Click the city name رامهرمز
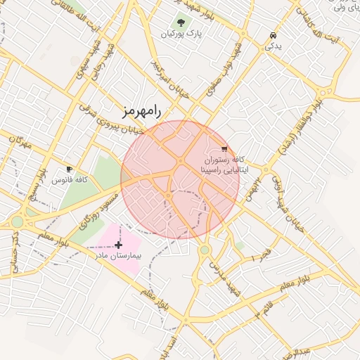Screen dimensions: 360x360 [141, 110]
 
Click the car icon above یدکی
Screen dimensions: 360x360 [273, 34]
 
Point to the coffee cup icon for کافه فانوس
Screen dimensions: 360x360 [69, 169]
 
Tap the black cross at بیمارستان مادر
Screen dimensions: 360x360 [118, 245]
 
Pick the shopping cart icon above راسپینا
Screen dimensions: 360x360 [224, 148]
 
